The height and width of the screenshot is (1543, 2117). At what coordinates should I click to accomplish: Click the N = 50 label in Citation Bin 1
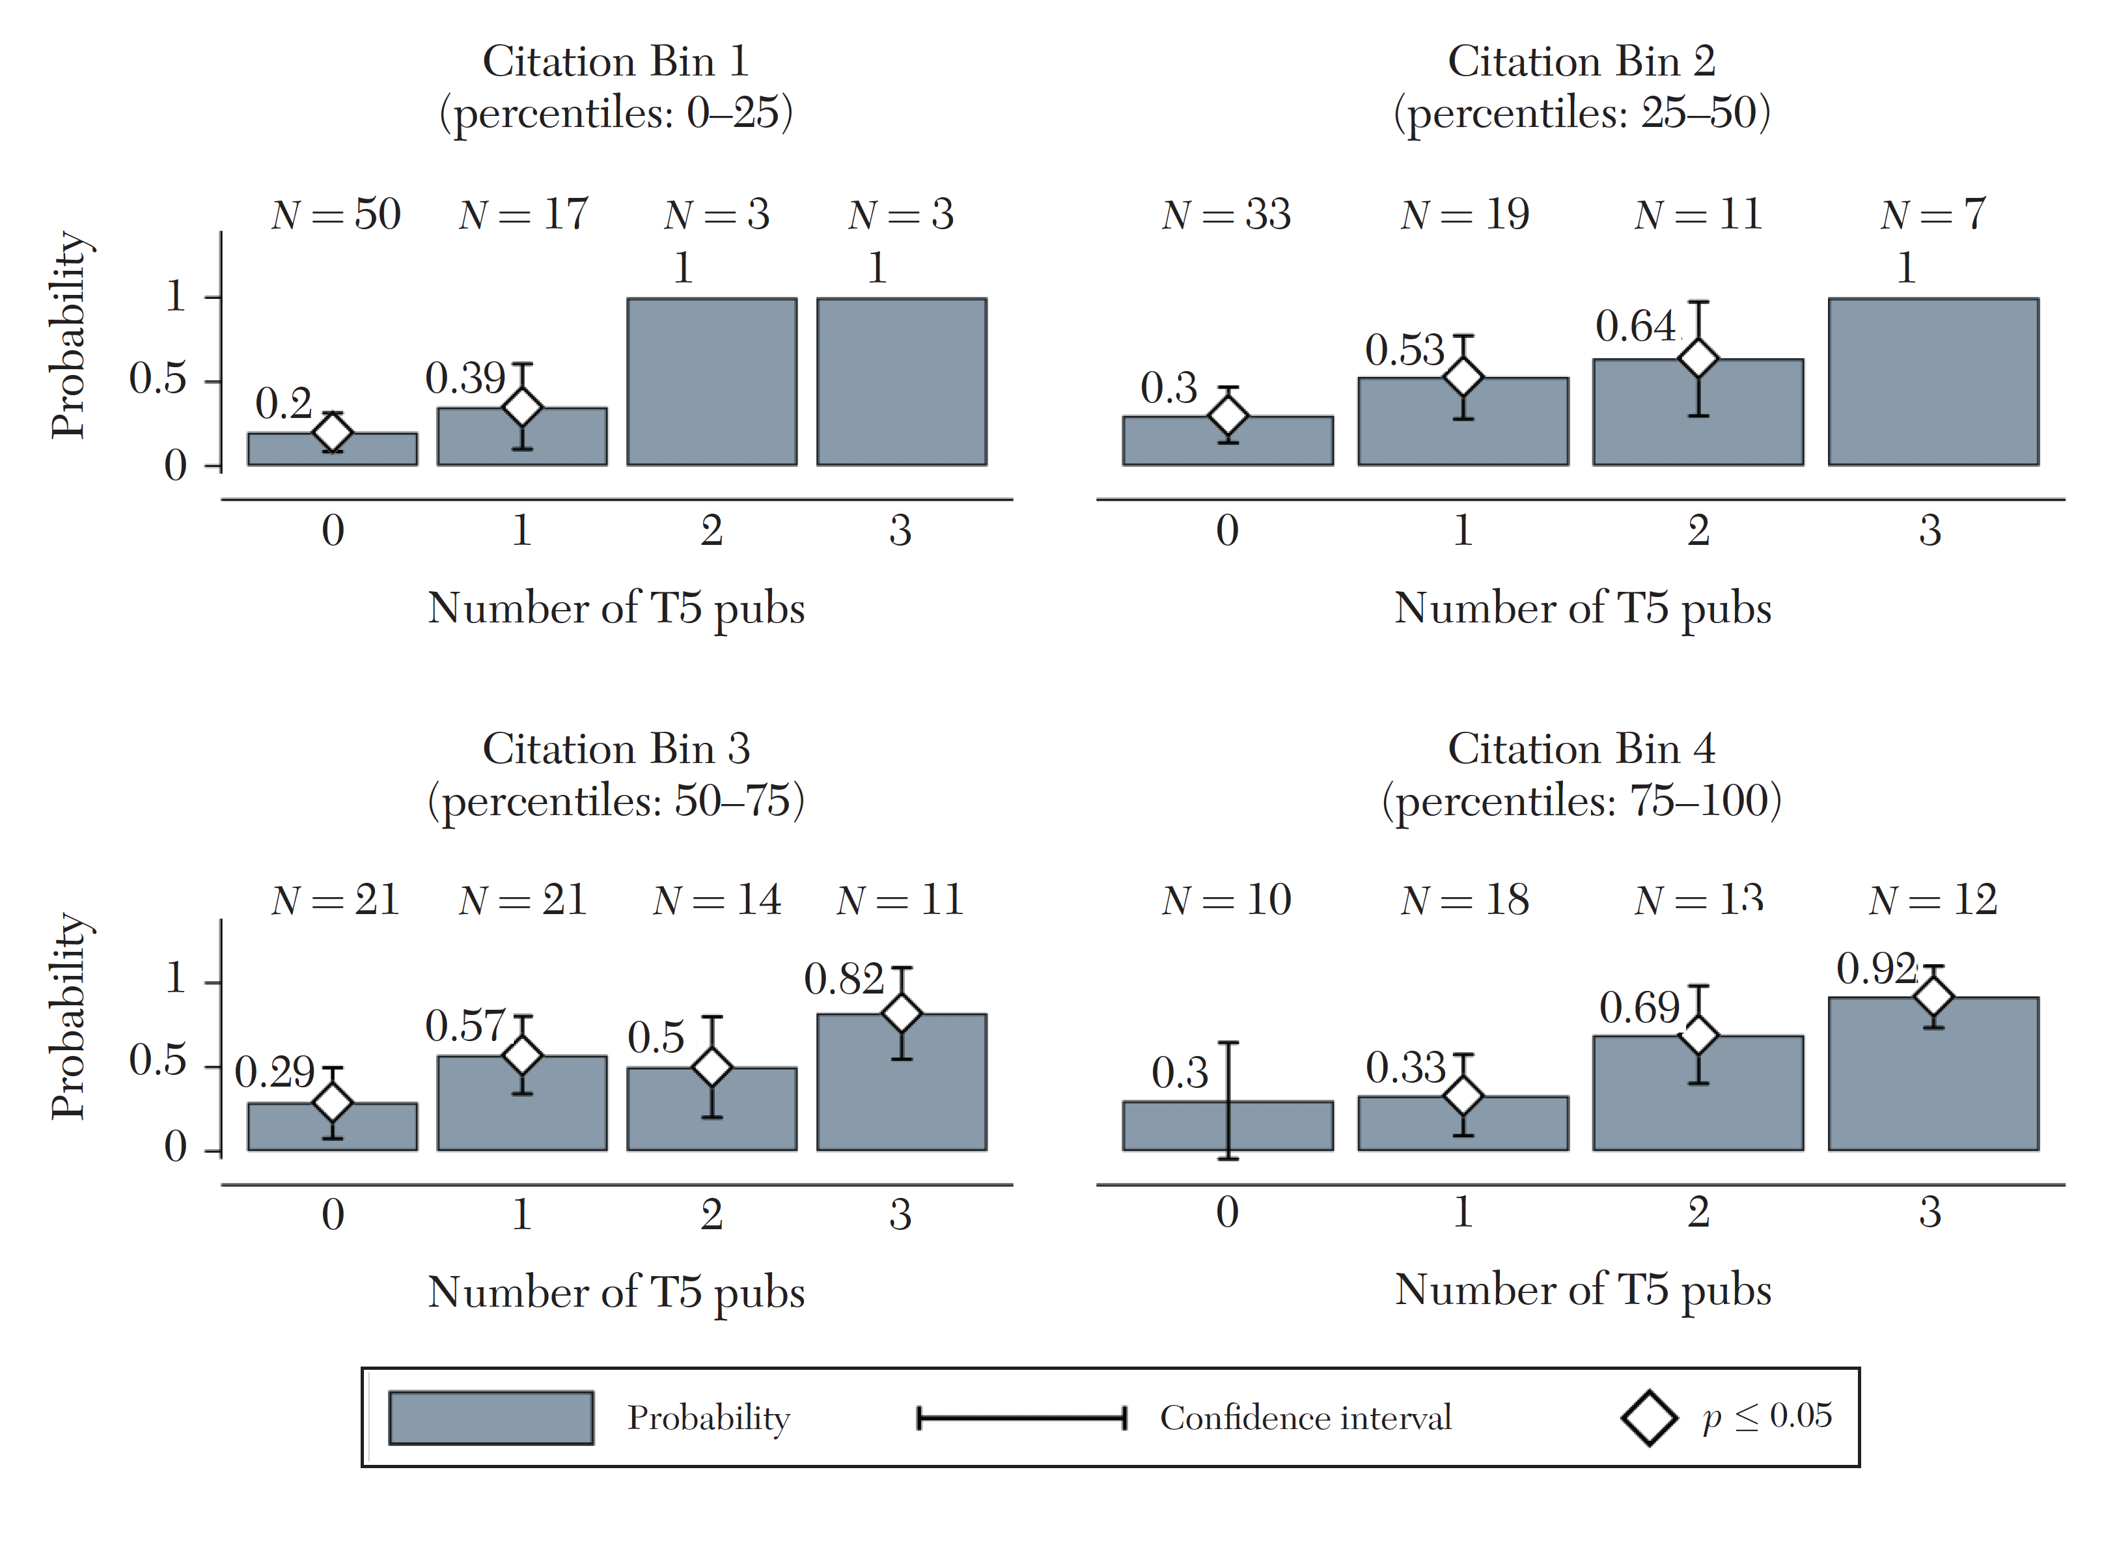(x=336, y=215)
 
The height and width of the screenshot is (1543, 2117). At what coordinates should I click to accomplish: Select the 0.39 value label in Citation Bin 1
(x=465, y=378)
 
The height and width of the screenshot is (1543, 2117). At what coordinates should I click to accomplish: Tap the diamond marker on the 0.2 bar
(x=333, y=432)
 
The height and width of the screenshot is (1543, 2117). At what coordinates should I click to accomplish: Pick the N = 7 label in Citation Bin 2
(x=1932, y=215)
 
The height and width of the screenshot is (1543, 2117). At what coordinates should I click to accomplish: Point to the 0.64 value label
(x=1635, y=327)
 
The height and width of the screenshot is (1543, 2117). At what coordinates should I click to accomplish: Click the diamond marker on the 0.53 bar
(x=1463, y=376)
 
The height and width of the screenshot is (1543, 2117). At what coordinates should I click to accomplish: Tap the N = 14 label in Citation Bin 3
(x=716, y=900)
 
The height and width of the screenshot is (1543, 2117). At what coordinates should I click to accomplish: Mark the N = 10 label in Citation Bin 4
(x=1226, y=900)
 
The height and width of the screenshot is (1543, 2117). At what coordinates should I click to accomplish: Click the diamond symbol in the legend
(x=1649, y=1418)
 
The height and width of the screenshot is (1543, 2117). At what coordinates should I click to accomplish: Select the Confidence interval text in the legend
(x=1305, y=1418)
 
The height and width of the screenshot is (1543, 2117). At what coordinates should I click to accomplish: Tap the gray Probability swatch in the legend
(x=491, y=1418)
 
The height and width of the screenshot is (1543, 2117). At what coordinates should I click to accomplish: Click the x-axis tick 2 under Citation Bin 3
(x=712, y=1214)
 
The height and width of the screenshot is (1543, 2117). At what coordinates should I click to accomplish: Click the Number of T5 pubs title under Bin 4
(x=1583, y=1290)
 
